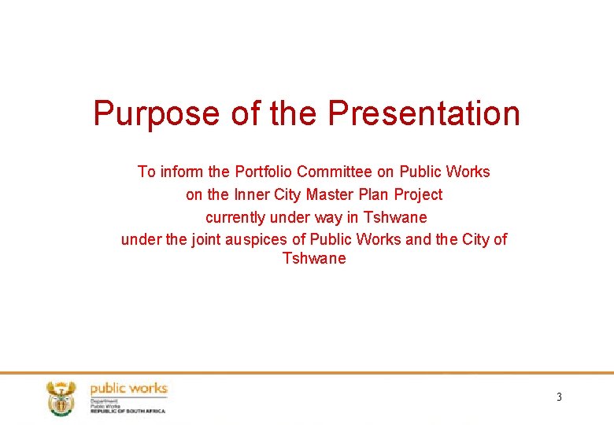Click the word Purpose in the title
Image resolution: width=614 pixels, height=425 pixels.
pyautogui.click(x=157, y=113)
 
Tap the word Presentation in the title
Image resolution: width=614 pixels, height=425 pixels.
pyautogui.click(x=424, y=113)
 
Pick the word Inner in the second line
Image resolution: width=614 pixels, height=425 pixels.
pyautogui.click(x=250, y=194)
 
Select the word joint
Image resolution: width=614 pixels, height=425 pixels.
pyautogui.click(x=207, y=239)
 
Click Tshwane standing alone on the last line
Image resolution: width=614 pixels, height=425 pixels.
pyautogui.click(x=314, y=259)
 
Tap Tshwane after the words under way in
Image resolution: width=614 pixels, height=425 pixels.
pyautogui.click(x=395, y=217)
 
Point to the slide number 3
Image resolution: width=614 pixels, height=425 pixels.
pyautogui.click(x=559, y=397)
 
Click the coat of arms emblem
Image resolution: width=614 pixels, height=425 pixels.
pyautogui.click(x=61, y=397)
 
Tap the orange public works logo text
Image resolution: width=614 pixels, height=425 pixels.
pyautogui.click(x=128, y=388)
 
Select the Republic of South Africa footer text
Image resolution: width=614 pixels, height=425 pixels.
pyautogui.click(x=128, y=411)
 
